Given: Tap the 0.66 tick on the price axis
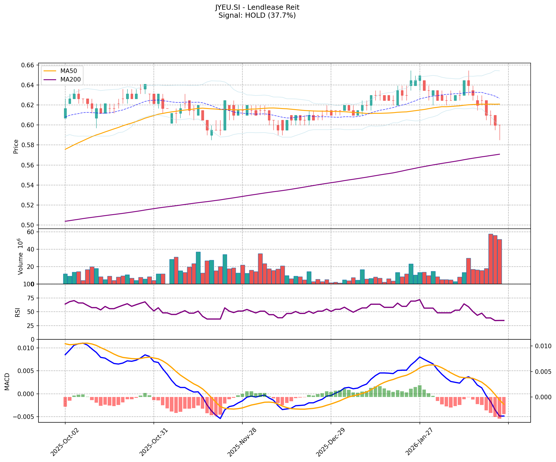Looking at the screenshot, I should (28, 65).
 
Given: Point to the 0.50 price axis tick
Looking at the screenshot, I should (28, 225).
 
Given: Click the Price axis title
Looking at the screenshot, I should (16, 147).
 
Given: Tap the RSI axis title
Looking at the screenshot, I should (18, 312).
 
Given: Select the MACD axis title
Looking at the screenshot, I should (7, 382).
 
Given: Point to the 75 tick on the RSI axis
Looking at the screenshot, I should (30, 298).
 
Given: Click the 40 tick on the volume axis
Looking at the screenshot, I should (30, 250).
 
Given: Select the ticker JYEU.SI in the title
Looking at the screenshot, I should (227, 7).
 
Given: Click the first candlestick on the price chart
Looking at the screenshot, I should (65, 113).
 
